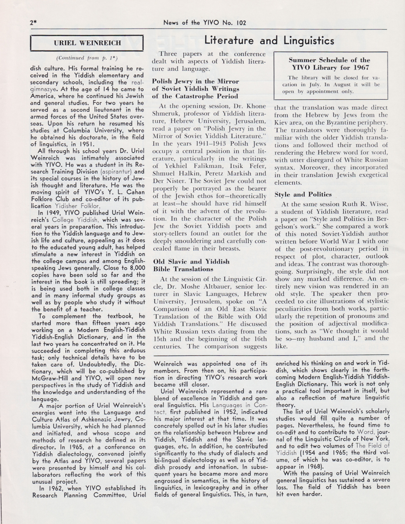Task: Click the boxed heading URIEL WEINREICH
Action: tap(87, 43)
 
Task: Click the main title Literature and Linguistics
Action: tap(269, 41)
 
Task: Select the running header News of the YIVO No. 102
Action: tap(205, 23)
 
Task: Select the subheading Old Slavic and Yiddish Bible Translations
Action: tap(191, 265)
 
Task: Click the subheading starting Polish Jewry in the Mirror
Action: tap(196, 88)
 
